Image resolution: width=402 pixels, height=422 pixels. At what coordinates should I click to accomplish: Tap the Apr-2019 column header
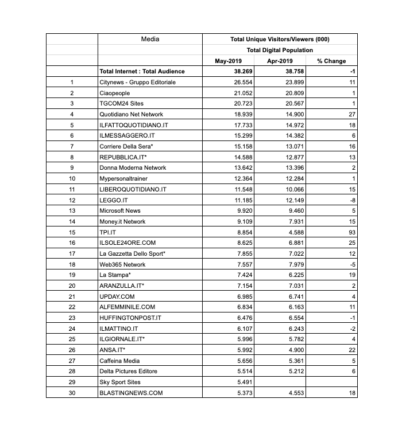[x=280, y=61]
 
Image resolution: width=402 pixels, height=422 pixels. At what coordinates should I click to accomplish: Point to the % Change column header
[x=331, y=61]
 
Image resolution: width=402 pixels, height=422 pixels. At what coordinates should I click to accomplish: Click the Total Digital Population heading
[x=280, y=50]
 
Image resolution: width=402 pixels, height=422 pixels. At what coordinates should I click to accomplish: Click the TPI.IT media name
[x=108, y=232]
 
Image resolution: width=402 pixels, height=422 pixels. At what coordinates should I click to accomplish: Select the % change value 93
[x=352, y=232]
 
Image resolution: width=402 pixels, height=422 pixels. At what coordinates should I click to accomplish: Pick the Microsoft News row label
[x=121, y=210]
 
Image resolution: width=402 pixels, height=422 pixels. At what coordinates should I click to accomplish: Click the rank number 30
[x=72, y=393]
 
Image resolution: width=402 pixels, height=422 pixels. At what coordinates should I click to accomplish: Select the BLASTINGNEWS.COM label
[x=131, y=393]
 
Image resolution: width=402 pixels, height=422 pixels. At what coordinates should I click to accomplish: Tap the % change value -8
[x=352, y=200]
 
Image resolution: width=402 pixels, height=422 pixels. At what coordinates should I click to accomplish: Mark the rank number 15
[x=72, y=232]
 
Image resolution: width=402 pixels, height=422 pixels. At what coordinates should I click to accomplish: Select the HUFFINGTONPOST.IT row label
[x=130, y=318]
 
